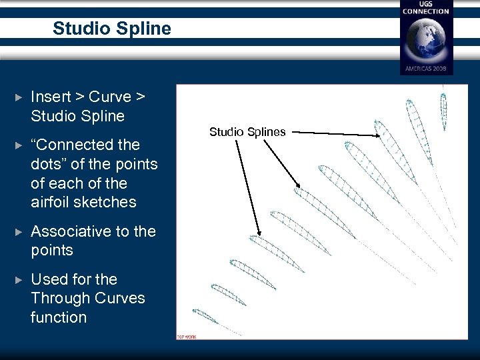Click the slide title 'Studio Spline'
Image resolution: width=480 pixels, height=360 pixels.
click(111, 29)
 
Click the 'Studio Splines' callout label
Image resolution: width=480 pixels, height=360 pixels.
click(247, 132)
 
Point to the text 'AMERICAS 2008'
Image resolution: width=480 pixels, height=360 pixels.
click(426, 69)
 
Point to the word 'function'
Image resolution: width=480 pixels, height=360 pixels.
click(59, 317)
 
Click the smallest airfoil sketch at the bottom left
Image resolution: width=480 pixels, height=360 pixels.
click(205, 316)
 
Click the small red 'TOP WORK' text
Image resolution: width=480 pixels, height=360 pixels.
click(186, 337)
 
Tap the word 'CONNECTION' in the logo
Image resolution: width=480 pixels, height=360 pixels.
click(426, 11)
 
